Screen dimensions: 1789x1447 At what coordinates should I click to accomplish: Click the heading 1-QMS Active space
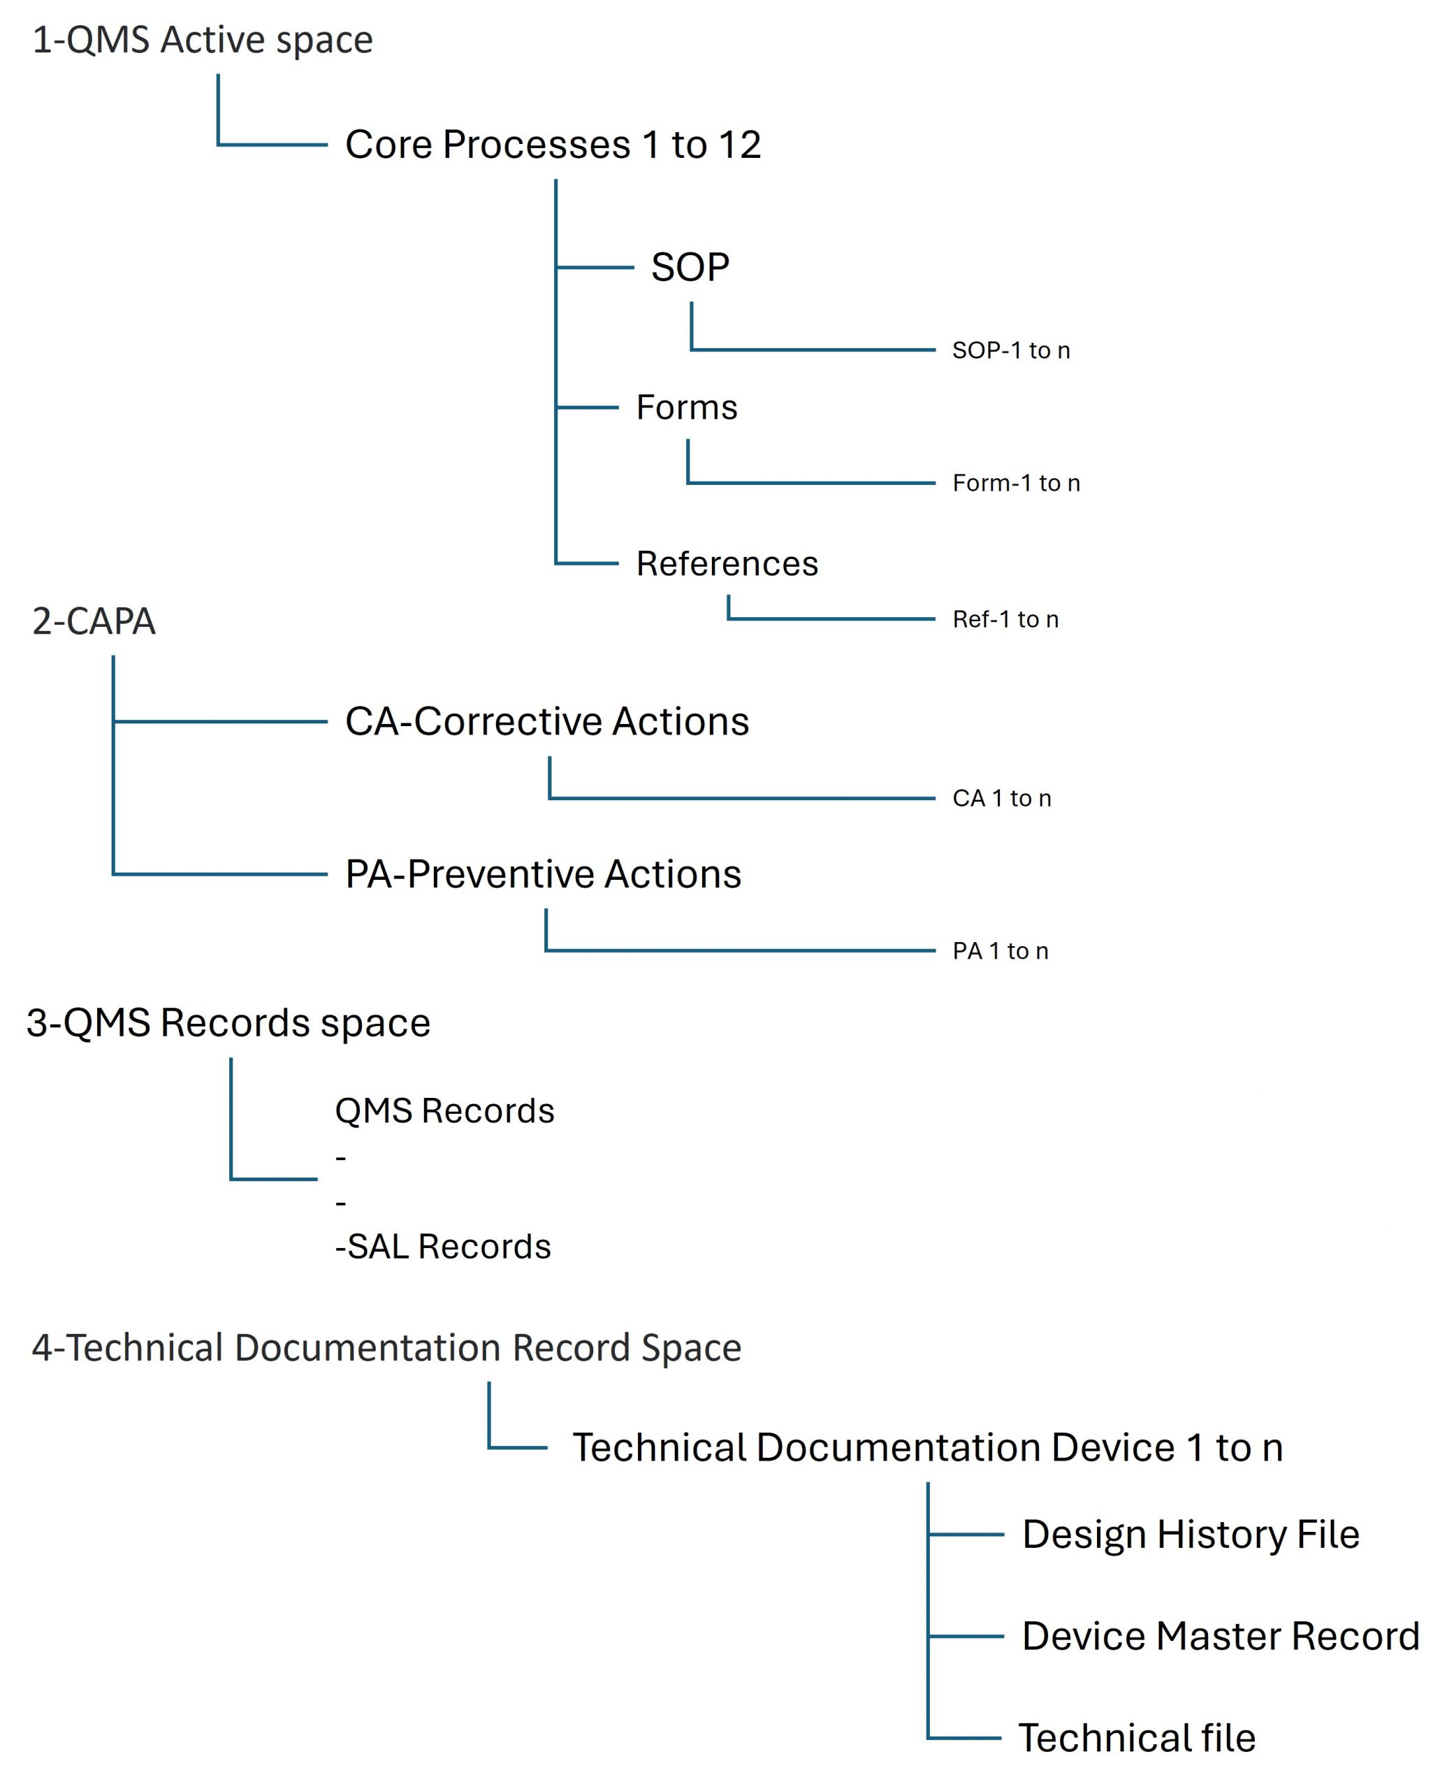point(203,40)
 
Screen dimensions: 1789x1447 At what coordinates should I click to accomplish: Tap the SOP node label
point(690,268)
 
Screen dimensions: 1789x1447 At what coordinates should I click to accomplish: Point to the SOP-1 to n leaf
point(1011,350)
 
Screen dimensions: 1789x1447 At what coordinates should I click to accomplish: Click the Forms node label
point(687,407)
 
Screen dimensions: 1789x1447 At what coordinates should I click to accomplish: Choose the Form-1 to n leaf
point(1016,483)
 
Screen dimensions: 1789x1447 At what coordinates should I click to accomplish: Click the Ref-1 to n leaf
point(1005,619)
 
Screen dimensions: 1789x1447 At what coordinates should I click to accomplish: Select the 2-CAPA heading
point(94,621)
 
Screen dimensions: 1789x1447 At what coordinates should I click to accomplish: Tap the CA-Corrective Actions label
point(547,721)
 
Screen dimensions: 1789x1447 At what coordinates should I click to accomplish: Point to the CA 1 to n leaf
point(1002,799)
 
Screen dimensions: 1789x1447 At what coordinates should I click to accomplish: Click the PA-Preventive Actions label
point(543,874)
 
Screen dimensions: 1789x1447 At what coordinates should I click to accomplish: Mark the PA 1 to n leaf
point(1001,951)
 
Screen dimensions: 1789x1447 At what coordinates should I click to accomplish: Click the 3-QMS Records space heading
point(228,1023)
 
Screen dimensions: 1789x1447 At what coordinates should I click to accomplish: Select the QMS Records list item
point(444,1111)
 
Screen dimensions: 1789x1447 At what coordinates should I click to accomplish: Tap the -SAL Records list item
point(442,1247)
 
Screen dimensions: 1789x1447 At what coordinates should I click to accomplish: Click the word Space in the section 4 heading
point(691,1348)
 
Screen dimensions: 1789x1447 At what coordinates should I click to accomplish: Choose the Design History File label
point(1191,1535)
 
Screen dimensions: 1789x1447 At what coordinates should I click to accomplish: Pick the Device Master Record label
point(1221,1637)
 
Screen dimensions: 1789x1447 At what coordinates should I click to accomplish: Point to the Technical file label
point(1137,1738)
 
